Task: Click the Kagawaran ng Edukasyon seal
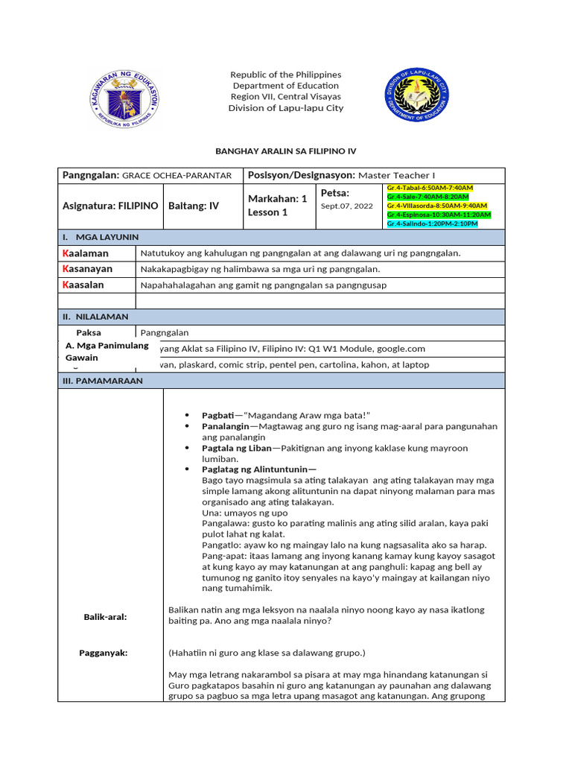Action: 125,98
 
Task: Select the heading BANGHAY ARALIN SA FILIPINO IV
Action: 286,151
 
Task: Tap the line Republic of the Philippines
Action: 285,75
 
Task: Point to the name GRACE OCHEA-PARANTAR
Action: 177,175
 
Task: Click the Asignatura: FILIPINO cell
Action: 110,206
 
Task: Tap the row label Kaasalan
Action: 83,285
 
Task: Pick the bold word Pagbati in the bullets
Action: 217,414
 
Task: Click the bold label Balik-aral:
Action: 105,617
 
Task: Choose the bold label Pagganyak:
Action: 104,653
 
